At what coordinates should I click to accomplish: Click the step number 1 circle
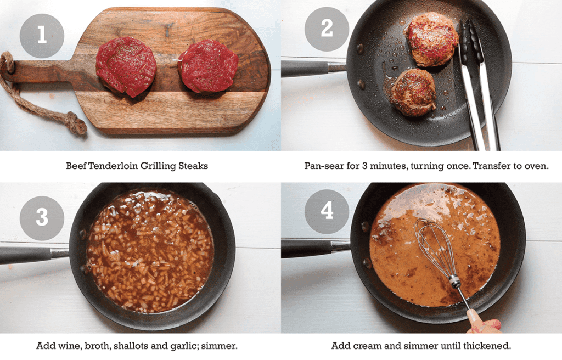click(x=42, y=36)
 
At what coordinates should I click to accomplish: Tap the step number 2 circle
click(x=327, y=29)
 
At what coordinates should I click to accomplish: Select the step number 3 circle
click(x=42, y=218)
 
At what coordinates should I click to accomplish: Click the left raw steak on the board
click(x=126, y=66)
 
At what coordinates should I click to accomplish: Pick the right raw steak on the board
click(x=209, y=65)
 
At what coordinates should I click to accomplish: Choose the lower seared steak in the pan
click(x=413, y=92)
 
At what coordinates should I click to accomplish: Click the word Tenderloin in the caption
click(x=114, y=165)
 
